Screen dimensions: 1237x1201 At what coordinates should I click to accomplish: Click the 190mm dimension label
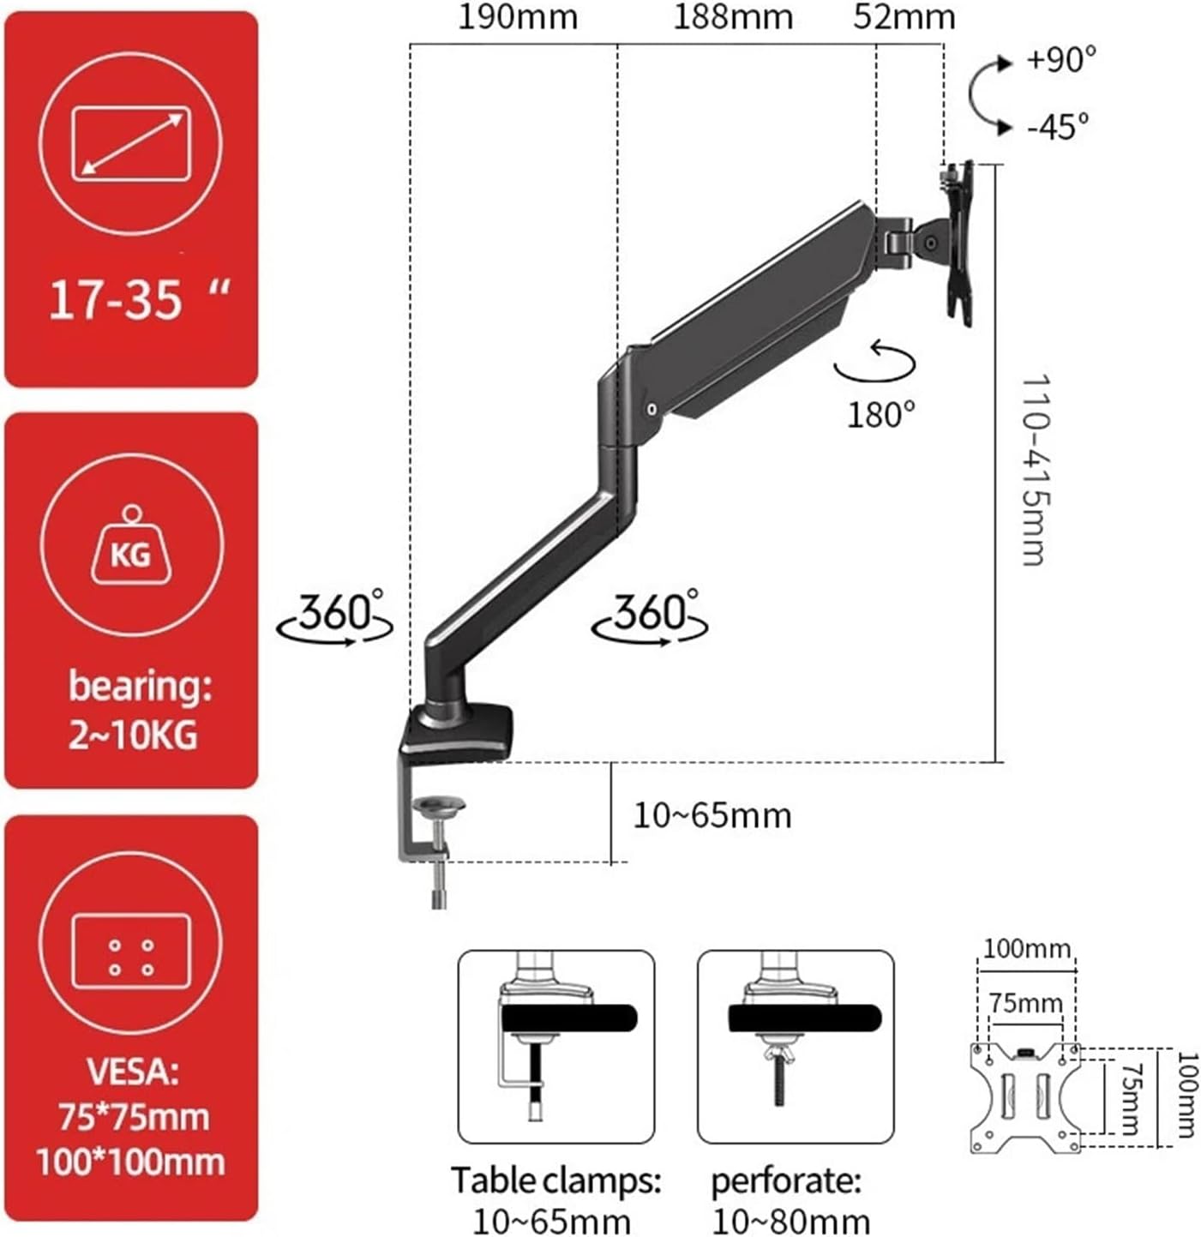click(x=517, y=17)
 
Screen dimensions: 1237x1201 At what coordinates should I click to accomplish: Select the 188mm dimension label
click(x=732, y=17)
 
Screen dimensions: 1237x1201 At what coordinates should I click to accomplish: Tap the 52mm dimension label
click(x=903, y=17)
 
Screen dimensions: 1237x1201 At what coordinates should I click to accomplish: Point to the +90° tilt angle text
click(x=1060, y=60)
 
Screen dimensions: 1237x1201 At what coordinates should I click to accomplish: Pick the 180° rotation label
click(x=880, y=415)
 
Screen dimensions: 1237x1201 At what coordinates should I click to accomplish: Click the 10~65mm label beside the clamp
click(x=712, y=815)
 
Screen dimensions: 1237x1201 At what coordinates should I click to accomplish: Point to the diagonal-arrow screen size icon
click(x=131, y=143)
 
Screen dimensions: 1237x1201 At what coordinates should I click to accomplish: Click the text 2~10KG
click(x=133, y=736)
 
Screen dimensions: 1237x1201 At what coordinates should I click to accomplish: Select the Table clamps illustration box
click(x=555, y=1046)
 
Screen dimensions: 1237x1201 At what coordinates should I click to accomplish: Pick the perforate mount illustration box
click(x=795, y=1046)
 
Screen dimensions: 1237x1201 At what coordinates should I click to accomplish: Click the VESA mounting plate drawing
click(x=1025, y=1097)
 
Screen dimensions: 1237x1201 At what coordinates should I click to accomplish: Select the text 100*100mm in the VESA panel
click(x=130, y=1162)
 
